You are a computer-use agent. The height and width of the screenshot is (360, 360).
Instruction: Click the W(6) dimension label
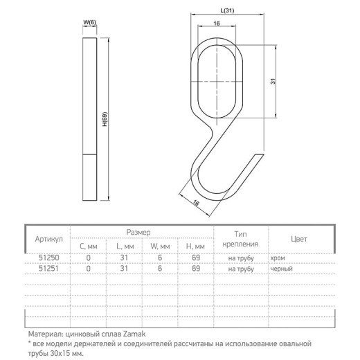click(89, 22)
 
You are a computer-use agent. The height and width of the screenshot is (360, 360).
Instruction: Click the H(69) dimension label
click(105, 119)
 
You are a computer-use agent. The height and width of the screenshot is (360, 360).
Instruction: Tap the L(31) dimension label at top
click(227, 10)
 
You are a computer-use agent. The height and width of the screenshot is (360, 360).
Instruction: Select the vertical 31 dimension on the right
click(273, 81)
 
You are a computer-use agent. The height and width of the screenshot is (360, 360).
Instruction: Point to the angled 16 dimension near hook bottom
click(196, 203)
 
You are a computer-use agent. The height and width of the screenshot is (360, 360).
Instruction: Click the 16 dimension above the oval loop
click(217, 24)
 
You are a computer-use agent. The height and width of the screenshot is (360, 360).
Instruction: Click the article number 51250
click(48, 258)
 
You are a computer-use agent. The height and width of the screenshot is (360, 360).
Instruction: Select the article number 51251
click(48, 269)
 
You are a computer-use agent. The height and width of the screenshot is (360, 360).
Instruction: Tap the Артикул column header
click(48, 239)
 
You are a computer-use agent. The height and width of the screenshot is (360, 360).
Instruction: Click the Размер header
click(138, 233)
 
